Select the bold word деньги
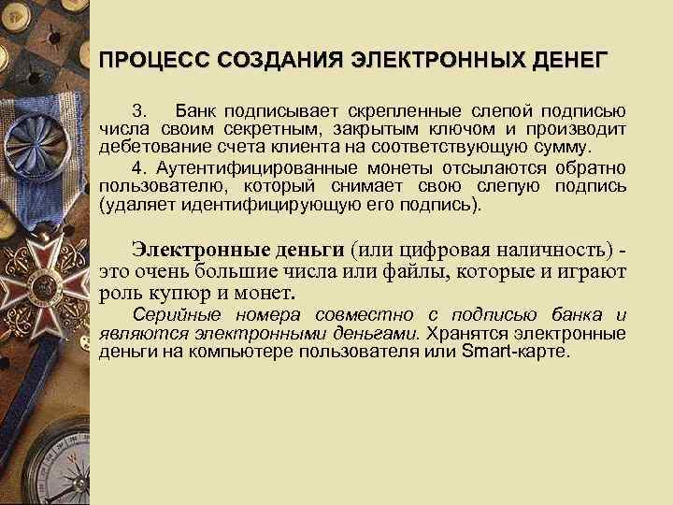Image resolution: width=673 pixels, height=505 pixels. pos(309,251)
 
